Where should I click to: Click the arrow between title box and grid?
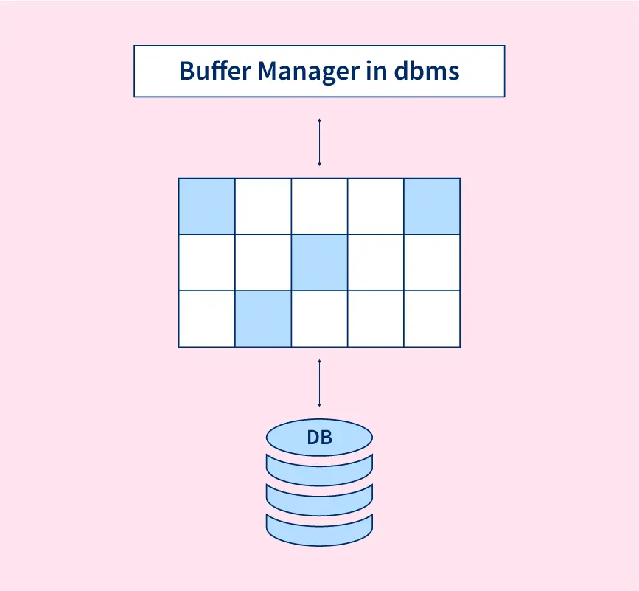click(x=319, y=141)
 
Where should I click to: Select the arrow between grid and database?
click(x=319, y=383)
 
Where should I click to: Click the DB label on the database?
click(x=319, y=438)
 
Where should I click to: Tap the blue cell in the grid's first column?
click(x=207, y=206)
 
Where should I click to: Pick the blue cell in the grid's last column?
click(x=432, y=206)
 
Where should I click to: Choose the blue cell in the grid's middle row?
click(x=319, y=263)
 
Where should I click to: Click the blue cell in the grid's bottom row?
click(x=263, y=319)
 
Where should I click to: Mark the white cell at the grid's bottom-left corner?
click(x=207, y=319)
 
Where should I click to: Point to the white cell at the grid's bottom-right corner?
click(x=432, y=319)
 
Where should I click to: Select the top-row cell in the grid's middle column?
click(x=319, y=206)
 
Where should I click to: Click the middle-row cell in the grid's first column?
click(x=207, y=263)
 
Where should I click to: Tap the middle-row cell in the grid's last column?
click(x=432, y=263)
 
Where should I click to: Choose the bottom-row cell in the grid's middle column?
click(x=319, y=319)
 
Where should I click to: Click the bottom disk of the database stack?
click(x=319, y=529)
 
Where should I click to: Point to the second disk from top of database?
click(x=319, y=469)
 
